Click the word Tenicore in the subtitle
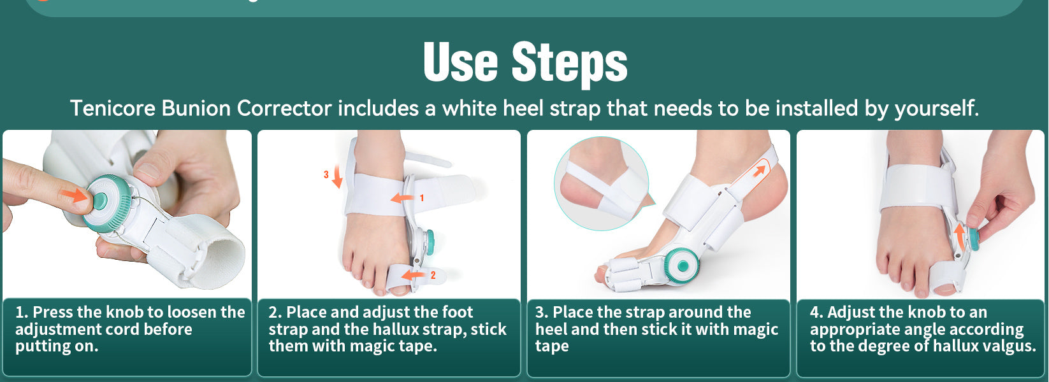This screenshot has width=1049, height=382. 112,108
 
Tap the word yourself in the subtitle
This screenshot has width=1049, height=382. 936,109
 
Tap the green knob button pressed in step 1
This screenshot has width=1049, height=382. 100,202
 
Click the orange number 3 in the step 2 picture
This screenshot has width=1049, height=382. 326,174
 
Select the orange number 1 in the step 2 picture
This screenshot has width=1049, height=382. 421,198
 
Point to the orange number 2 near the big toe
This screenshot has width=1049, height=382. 433,276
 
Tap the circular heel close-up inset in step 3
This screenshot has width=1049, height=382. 601,183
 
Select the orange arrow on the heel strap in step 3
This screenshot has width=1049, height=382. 758,171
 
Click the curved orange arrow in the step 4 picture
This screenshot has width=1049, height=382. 960,236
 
